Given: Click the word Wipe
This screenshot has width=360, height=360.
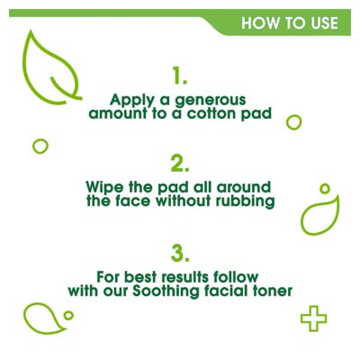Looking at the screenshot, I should (103, 186).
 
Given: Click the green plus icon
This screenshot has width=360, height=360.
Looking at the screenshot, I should (313, 317).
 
